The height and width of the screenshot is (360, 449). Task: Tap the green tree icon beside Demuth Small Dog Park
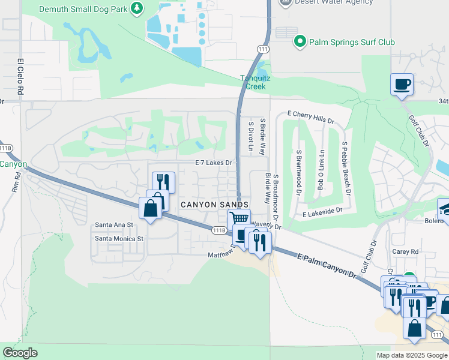137,8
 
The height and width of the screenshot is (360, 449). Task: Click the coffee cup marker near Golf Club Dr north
402,84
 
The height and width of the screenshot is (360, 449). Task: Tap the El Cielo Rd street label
20,77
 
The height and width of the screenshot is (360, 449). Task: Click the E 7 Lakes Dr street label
213,163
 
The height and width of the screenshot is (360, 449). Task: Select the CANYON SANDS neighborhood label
214,205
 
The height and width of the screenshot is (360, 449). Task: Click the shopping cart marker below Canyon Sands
239,220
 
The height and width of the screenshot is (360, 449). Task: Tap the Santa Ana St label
114,224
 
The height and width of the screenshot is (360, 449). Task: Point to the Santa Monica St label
119,238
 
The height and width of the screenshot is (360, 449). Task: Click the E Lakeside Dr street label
322,212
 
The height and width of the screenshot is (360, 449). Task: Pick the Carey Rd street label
407,252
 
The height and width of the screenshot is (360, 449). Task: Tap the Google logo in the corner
20,353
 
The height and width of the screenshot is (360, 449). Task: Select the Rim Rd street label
16,182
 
